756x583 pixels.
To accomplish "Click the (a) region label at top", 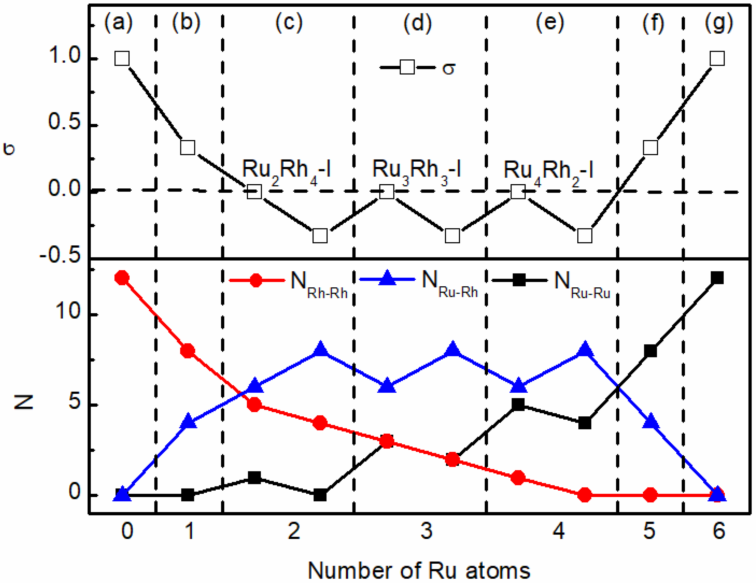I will [118, 23].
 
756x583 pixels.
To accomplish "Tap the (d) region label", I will [418, 23].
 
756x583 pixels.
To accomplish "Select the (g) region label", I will [719, 23].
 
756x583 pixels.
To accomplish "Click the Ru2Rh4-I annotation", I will [286, 170].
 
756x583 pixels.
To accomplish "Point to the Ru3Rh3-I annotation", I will [416, 170].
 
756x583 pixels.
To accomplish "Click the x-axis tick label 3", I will [427, 531].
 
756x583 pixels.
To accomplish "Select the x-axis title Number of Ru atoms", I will [419, 570].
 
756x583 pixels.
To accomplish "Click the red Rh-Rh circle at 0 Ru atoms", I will [122, 278].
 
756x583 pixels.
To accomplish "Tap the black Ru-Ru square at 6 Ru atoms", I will [717, 278].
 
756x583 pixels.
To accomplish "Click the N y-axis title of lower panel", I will [24, 402].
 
